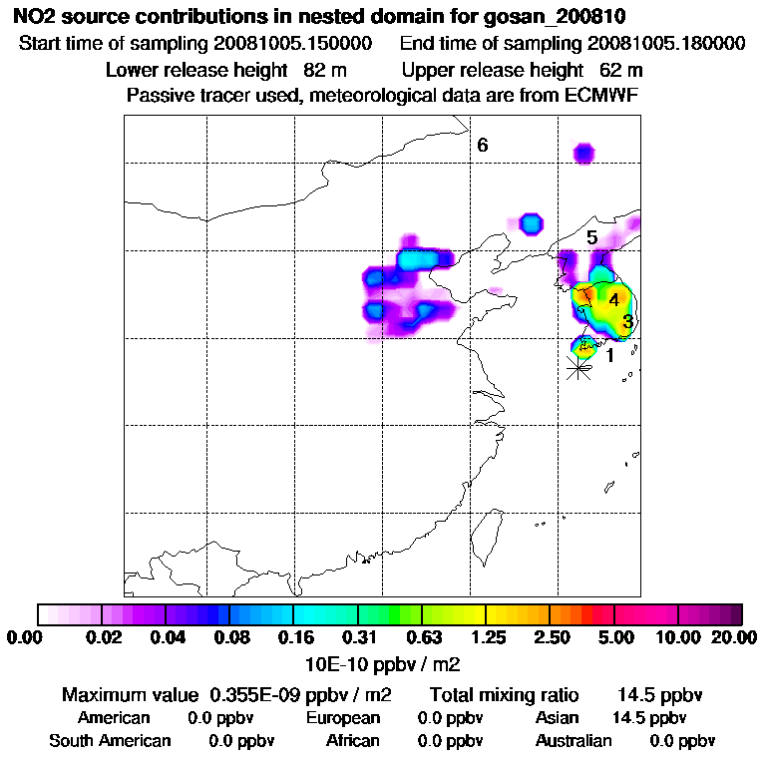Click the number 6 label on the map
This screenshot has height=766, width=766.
482,146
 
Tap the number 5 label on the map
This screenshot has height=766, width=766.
591,237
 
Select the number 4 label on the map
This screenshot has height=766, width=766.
614,299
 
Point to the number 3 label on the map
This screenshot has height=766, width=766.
627,321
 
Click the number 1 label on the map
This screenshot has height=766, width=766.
609,355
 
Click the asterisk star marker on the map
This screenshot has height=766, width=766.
577,368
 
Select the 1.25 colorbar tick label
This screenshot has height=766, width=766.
487,636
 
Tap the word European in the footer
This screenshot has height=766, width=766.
343,718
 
